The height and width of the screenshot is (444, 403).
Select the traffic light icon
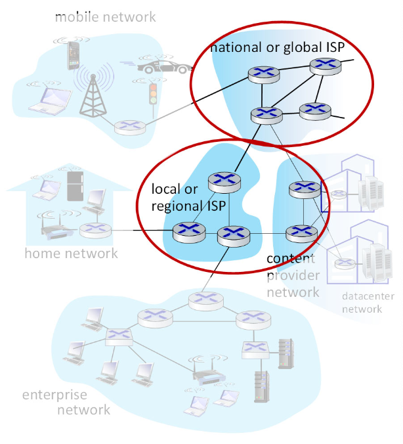(x=154, y=94)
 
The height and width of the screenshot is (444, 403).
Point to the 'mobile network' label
(x=105, y=17)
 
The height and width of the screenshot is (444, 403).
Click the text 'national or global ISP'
(x=277, y=47)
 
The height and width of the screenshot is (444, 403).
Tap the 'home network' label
(x=71, y=254)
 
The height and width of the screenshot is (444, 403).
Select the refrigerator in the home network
(x=74, y=186)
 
